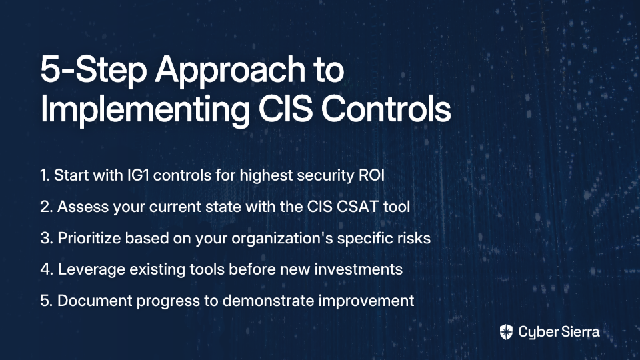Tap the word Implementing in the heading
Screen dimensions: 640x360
click(x=145, y=110)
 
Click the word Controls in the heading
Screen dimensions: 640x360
click(x=386, y=109)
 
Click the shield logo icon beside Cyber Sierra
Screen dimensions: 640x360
click(x=506, y=332)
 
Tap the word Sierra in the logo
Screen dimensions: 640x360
click(x=579, y=331)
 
